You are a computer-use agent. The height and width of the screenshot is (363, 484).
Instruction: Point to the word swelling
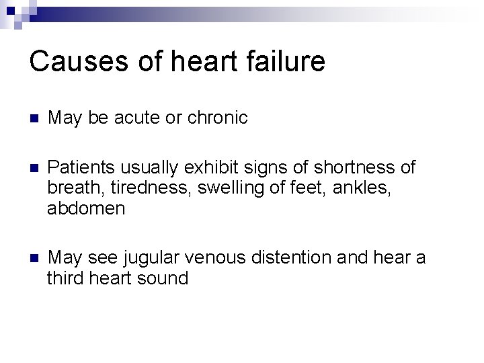tap(223, 187)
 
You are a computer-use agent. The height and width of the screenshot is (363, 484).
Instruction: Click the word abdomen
tap(86, 208)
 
